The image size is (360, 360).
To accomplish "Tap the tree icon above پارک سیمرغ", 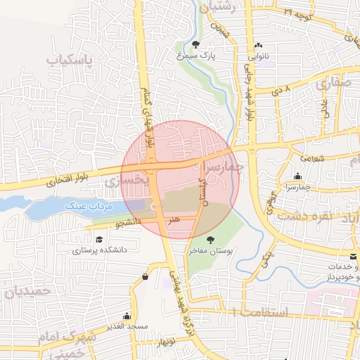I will pos(205,44).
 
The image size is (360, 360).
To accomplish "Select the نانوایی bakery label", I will pos(257,53).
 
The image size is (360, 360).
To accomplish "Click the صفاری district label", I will pos(333,83).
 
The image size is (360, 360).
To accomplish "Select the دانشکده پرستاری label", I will pos(98,250).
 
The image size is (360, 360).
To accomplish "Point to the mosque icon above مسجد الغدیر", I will pos(127,316).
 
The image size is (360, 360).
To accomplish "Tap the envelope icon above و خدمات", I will pos(353,257).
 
